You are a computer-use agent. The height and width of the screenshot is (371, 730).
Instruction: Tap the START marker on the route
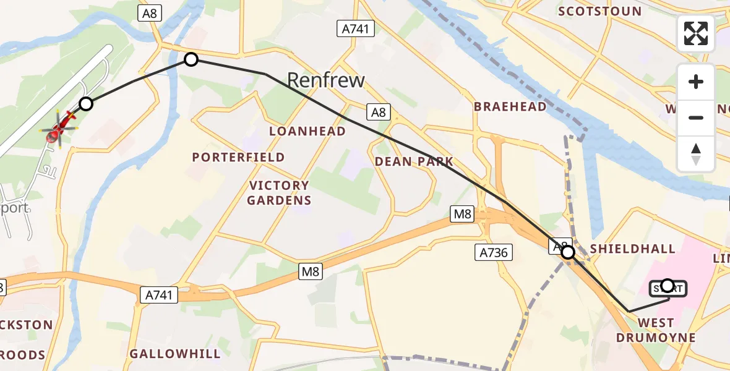tap(668, 286)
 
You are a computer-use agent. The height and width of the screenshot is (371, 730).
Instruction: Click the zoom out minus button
tap(696, 117)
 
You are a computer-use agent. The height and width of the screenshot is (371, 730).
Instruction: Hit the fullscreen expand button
tap(696, 33)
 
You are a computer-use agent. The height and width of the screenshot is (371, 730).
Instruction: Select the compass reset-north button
tap(696, 153)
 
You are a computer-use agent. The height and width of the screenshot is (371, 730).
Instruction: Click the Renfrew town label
tap(326, 80)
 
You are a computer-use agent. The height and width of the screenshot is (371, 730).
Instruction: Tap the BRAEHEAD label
tap(510, 106)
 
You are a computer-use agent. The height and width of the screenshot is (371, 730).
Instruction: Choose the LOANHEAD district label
tap(307, 131)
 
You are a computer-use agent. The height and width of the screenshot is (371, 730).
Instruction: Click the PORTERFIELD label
tap(238, 157)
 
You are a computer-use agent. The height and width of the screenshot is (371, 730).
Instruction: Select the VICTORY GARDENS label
tap(279, 193)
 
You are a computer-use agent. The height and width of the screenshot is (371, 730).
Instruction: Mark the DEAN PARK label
tap(414, 162)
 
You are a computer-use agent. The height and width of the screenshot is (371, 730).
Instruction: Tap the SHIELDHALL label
tap(632, 249)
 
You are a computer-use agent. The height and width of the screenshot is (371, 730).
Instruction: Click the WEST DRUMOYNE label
tap(656, 330)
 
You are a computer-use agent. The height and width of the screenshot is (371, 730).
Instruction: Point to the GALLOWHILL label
tap(175, 354)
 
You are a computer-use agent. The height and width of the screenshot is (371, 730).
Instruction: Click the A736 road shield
tap(494, 252)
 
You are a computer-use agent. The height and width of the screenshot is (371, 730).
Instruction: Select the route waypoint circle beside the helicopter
tap(86, 104)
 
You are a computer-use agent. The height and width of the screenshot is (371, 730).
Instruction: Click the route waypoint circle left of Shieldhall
tap(567, 252)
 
